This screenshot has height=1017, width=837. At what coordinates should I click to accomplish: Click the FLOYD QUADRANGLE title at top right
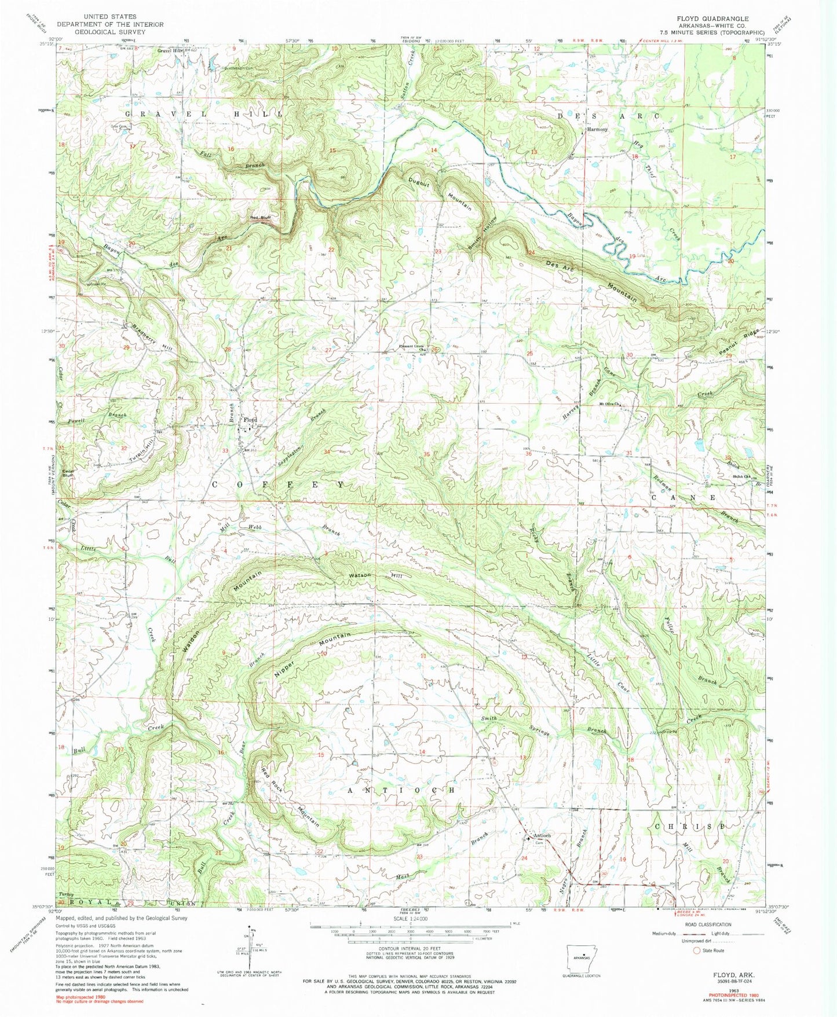pyautogui.click(x=716, y=19)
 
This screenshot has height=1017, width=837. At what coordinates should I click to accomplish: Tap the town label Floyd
pyautogui.click(x=250, y=420)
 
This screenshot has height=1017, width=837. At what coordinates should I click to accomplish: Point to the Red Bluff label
pyautogui.click(x=260, y=218)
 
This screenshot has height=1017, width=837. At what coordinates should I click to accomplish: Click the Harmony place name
pyautogui.click(x=597, y=130)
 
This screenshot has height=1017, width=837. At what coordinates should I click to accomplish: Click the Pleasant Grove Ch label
pyautogui.click(x=415, y=347)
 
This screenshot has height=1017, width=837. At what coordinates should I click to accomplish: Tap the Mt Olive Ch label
pyautogui.click(x=610, y=404)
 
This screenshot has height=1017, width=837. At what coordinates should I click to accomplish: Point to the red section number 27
pyautogui.click(x=328, y=351)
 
